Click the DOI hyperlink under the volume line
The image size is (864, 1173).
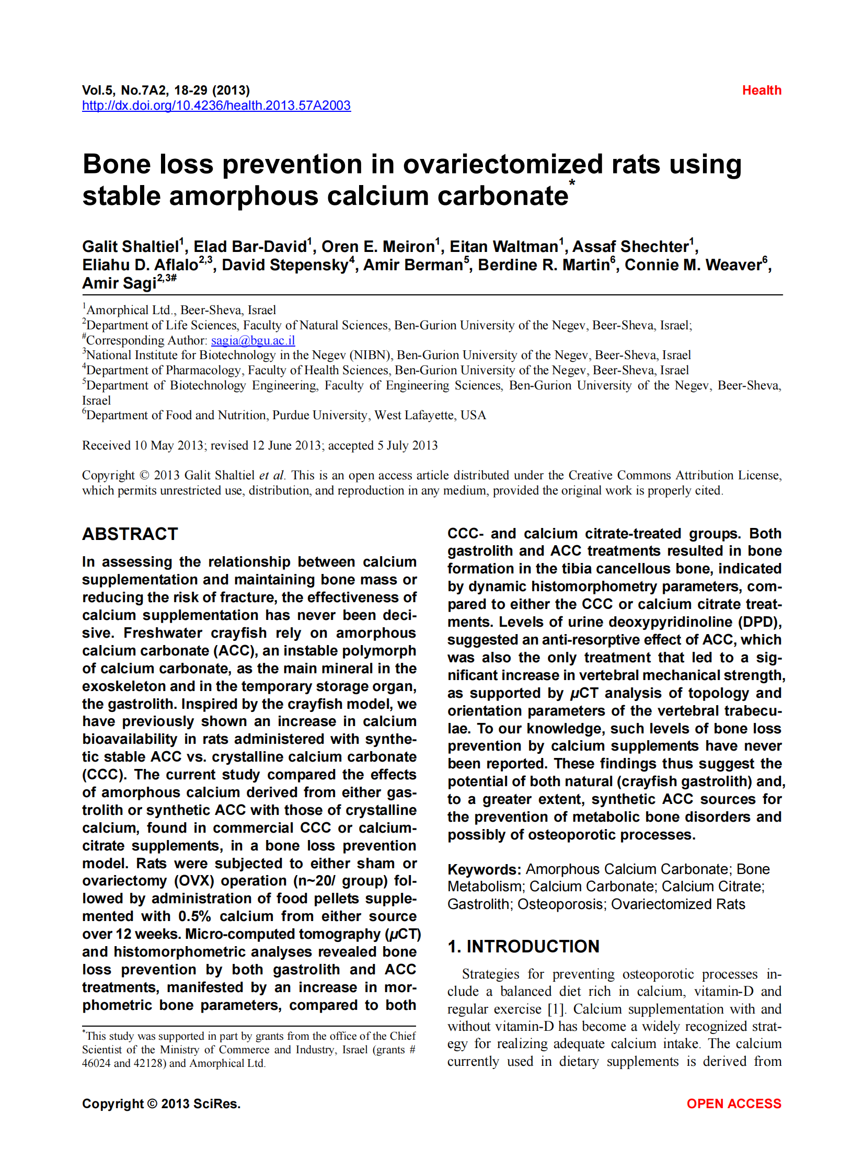point(216,106)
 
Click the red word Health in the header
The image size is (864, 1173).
point(761,90)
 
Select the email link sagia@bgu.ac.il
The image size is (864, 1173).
point(252,340)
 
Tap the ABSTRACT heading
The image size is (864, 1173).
point(130,534)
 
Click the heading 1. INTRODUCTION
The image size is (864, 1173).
point(523,947)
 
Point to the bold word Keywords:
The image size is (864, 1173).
point(484,870)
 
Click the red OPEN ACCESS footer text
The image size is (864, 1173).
point(733,1103)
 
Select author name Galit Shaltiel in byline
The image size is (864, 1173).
point(131,246)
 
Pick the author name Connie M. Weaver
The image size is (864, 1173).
point(693,264)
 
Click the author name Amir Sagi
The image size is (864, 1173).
point(119,283)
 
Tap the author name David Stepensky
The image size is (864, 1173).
point(285,264)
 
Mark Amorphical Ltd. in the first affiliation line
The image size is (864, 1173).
point(129,310)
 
